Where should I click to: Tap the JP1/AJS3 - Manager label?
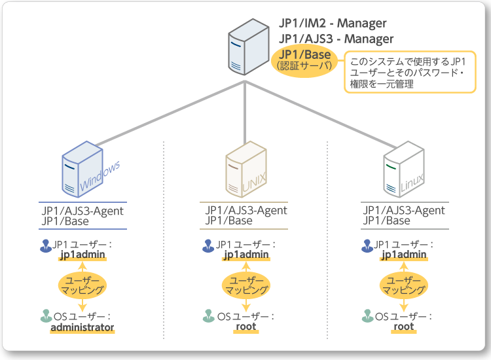coord(336,39)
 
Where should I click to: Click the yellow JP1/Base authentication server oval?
coord(304,60)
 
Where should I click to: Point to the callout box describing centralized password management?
coord(410,73)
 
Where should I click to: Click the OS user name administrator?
coord(82,327)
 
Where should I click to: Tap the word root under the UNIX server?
coord(245,327)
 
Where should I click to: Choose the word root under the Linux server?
coord(404,327)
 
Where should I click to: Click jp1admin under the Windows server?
coord(82,255)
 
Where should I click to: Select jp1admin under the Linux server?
coord(404,255)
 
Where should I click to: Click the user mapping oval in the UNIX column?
coord(245,284)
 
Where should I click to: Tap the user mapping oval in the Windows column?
coord(82,284)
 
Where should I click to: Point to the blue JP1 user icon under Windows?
coord(45,245)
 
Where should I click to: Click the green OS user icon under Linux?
coord(367,317)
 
